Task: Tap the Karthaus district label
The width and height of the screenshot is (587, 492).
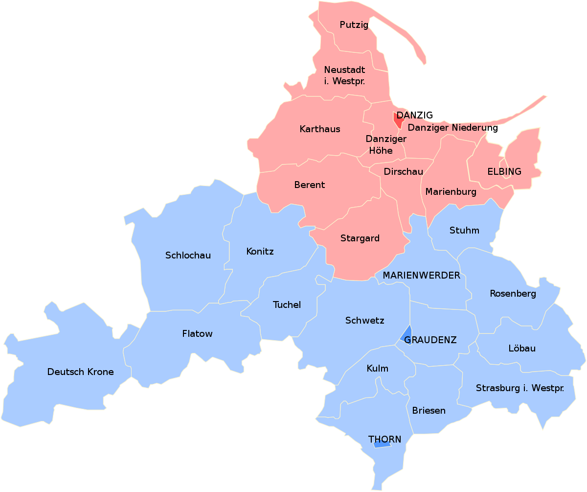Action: (x=320, y=129)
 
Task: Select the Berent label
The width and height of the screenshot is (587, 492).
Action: (x=309, y=185)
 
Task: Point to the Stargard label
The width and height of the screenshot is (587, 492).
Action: (x=360, y=238)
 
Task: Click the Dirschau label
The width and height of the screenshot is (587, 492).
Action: (x=403, y=172)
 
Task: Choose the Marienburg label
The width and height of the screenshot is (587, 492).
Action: (x=451, y=191)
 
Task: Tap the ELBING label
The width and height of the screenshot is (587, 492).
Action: (x=504, y=172)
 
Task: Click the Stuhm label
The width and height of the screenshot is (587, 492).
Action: (x=464, y=230)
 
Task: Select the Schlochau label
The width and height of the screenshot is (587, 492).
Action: (x=188, y=255)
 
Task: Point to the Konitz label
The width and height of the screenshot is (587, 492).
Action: (x=260, y=252)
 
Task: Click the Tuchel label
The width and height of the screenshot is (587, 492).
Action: (x=287, y=305)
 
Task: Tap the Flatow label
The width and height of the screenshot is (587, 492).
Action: (x=197, y=334)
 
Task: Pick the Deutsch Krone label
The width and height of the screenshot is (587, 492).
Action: (x=80, y=372)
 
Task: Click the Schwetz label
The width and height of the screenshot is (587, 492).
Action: (x=364, y=321)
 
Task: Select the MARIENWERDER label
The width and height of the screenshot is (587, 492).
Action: (x=421, y=275)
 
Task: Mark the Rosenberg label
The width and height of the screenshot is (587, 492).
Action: (x=513, y=294)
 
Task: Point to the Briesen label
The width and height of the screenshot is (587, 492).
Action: (x=429, y=410)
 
